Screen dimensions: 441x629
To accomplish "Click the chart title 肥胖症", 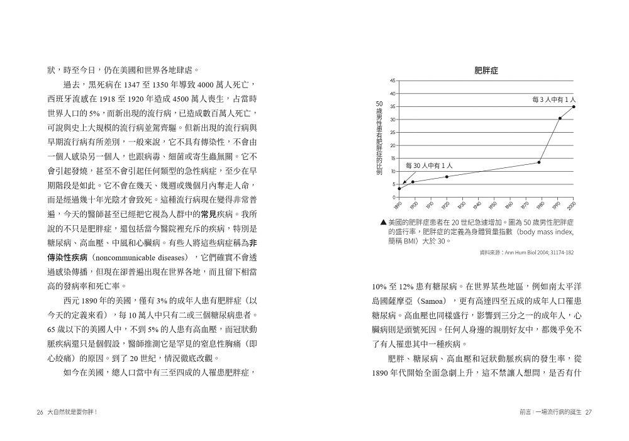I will (486, 71).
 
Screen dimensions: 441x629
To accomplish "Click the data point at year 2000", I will (574, 107).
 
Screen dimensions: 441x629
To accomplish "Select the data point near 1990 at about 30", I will (560, 118).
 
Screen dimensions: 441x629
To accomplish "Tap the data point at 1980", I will (539, 162).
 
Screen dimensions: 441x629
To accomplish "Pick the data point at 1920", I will (447, 177).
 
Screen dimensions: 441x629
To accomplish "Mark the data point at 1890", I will (399, 189).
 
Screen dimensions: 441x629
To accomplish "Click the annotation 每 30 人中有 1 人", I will (430, 165).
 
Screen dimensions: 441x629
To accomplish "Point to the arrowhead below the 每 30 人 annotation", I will (404, 182).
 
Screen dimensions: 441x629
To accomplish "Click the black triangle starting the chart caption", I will (383, 223).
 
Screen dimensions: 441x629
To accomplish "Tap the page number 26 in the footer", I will (40, 412).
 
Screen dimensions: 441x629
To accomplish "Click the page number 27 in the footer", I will (589, 412).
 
